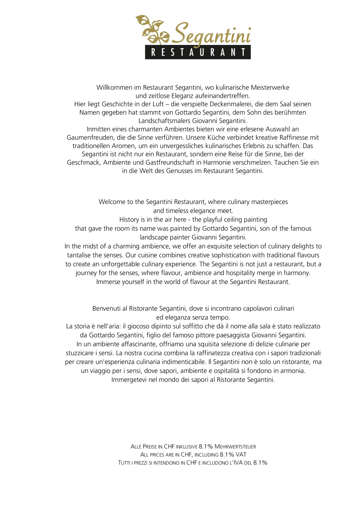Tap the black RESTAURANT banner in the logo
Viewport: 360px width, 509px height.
point(198,52)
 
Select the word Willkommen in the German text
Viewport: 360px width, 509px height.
point(114,87)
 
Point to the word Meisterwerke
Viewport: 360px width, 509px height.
point(270,87)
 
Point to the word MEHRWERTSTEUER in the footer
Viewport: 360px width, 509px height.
point(235,447)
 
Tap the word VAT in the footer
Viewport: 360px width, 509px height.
point(241,455)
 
